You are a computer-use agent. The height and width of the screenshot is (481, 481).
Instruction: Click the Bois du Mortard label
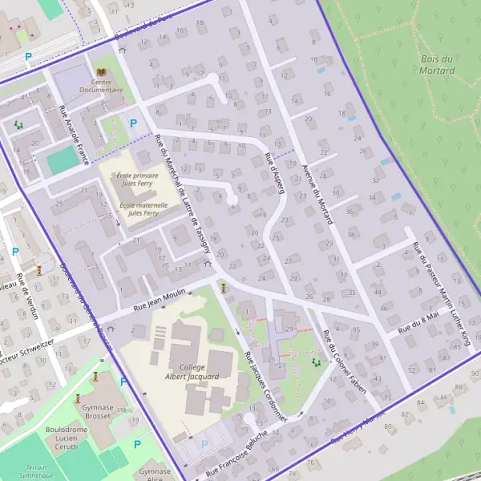pyautogui.click(x=437, y=65)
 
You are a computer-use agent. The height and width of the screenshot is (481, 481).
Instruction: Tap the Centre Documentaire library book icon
pyautogui.click(x=102, y=72)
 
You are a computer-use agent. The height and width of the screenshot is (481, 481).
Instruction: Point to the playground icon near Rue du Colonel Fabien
pyautogui.click(x=315, y=362)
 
